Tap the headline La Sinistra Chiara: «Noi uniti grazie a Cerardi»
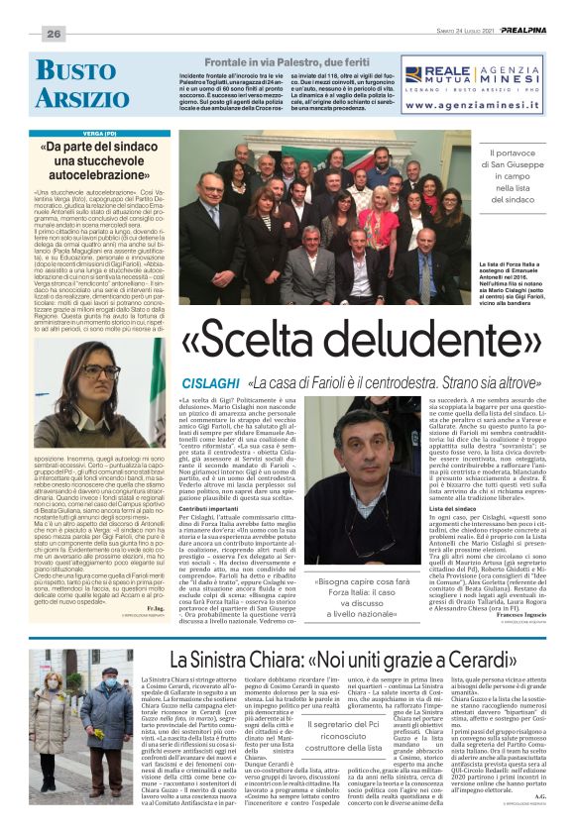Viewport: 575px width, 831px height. click(x=351, y=659)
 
